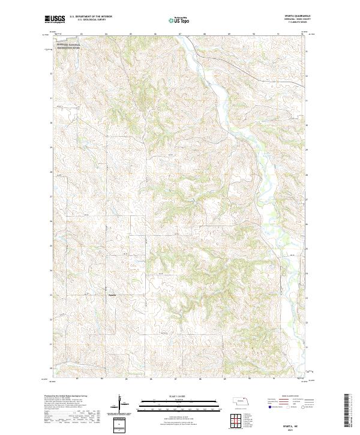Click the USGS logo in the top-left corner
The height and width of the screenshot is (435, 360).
55,19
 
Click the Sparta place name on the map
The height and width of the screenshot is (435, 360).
112,295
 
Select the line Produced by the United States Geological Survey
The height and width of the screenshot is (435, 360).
66,396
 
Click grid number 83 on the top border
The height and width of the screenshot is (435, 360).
80,34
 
